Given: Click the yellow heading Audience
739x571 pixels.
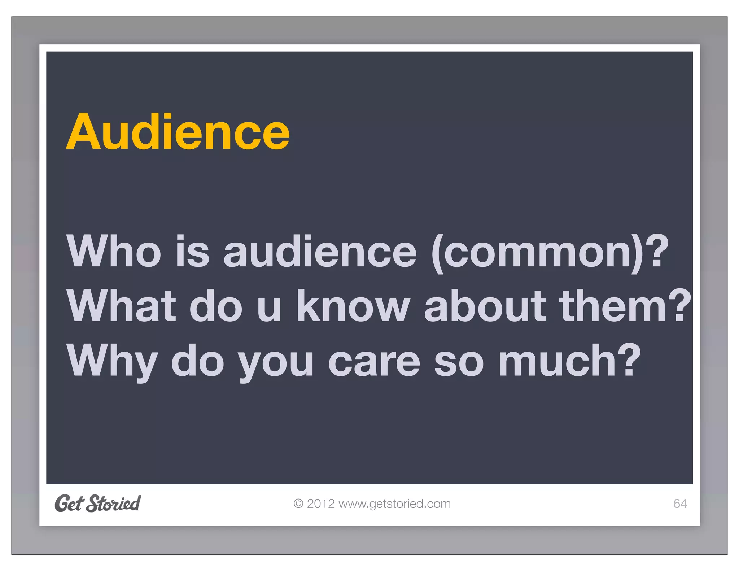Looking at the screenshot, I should (178, 132).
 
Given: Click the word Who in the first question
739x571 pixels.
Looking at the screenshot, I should (114, 251).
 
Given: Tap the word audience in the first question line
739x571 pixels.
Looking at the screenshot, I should (320, 251).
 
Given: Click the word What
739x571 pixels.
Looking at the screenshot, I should (121, 306).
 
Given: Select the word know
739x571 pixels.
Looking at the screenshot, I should (353, 306).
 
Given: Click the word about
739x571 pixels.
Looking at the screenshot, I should (485, 306).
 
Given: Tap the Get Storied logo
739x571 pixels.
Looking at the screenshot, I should (98, 503).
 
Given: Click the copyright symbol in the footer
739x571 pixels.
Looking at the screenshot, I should (298, 504).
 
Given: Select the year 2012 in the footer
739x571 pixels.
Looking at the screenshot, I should (321, 504).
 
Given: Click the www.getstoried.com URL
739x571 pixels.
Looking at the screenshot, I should (395, 504).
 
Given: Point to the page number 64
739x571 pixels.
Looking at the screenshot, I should (680, 504).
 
